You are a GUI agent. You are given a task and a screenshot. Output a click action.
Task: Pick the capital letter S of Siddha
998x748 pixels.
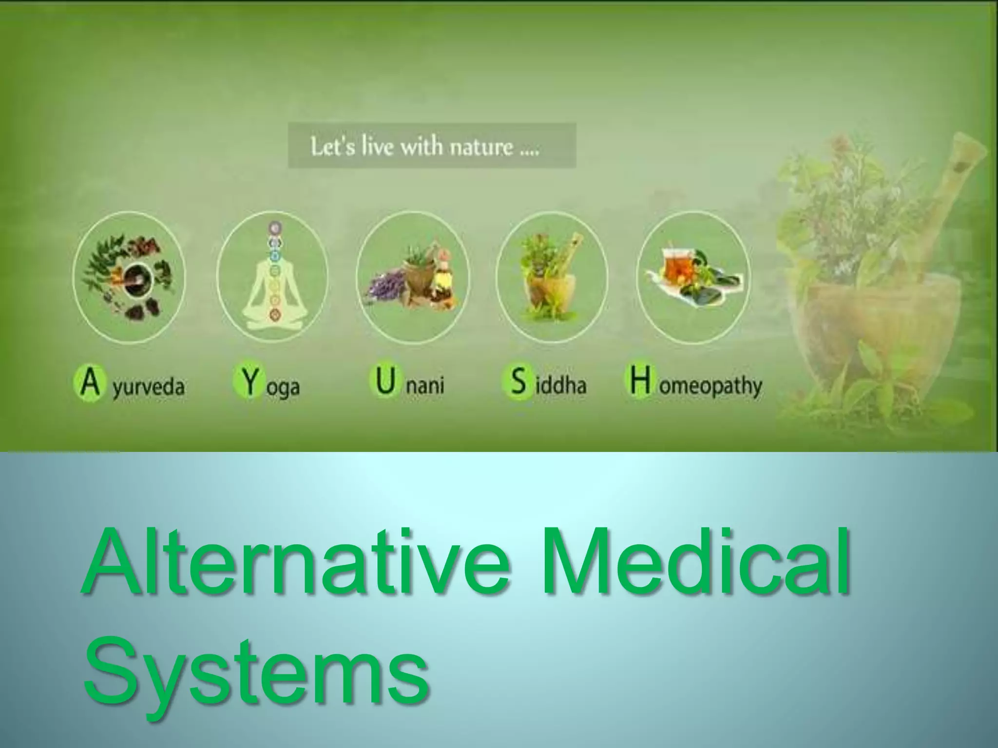click(x=518, y=383)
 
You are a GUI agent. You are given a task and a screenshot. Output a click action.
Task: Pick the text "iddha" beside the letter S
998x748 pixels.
click(x=560, y=386)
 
